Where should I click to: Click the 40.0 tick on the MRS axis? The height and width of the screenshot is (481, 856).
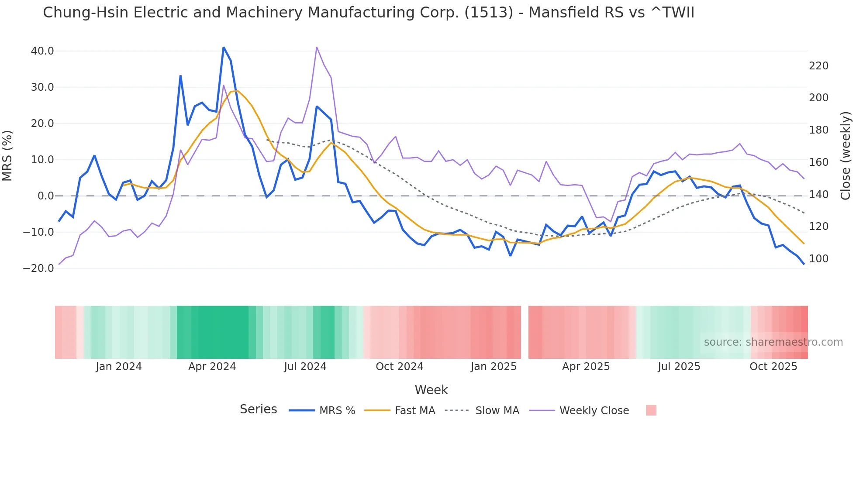42,51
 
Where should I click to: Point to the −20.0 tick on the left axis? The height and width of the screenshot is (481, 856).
38,268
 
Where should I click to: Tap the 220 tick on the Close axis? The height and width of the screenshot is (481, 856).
818,66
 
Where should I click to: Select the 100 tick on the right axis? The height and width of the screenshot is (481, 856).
818,259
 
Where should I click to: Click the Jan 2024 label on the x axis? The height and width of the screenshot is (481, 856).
119,367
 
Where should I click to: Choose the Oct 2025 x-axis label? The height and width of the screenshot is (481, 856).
773,367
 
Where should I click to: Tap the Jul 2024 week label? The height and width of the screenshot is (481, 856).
305,367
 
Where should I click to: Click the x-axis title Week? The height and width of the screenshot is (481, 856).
431,390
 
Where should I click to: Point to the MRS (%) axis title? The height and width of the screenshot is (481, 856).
7,156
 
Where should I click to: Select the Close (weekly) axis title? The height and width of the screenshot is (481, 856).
846,156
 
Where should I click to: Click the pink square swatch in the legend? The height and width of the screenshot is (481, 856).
651,410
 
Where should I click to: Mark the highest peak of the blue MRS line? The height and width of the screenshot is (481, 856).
224,47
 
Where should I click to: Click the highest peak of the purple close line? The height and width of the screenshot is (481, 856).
317,47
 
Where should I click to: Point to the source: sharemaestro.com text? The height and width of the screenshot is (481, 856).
773,342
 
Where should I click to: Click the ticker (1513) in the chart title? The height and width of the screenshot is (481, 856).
489,13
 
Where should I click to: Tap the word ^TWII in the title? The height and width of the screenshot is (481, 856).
672,13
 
